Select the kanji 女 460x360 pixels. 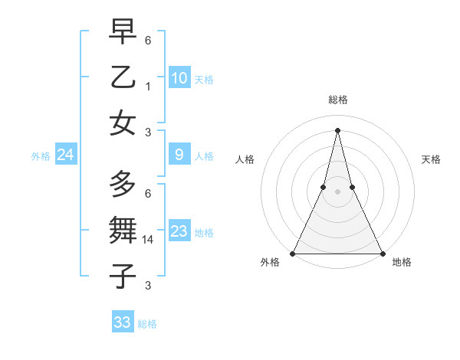pos(123,123)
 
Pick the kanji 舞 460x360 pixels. pos(123,230)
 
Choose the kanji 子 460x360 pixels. pos(123,276)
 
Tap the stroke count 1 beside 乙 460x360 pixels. pos(148,87)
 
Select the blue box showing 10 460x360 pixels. pos(179,78)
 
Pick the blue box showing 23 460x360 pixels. pos(179,231)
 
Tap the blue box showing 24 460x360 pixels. pos(65,155)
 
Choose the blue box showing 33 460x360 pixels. pos(123,322)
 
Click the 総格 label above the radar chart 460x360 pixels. pos(338,100)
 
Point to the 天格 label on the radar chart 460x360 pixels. pos(432,159)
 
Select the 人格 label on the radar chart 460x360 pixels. pos(245,159)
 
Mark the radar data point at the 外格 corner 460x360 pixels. pos(293,253)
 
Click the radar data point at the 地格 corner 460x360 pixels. pos(382,253)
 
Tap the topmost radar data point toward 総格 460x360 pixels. pos(337,129)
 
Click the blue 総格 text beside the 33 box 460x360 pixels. pos(147,324)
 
